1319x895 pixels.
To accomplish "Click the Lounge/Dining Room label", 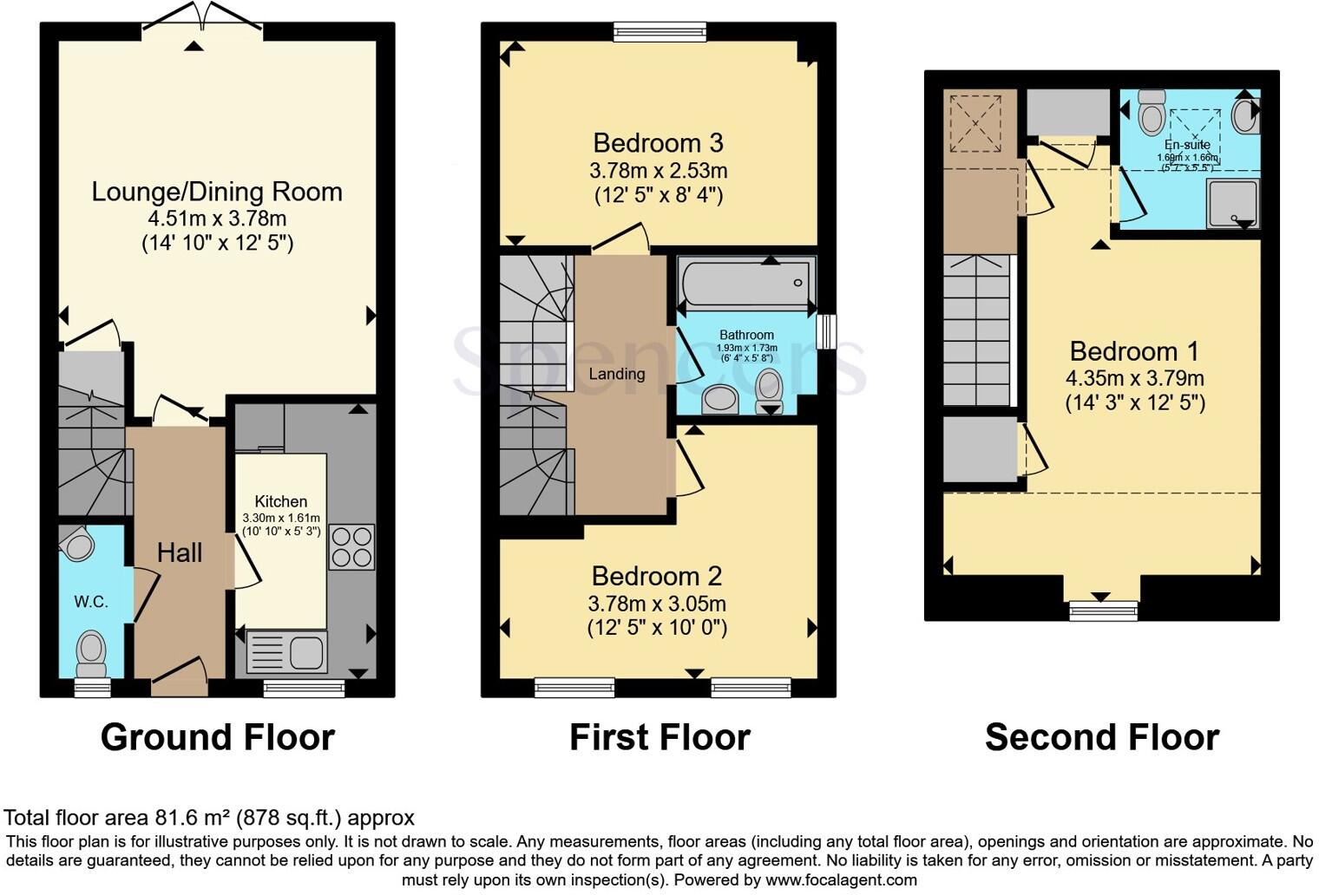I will point(217,192).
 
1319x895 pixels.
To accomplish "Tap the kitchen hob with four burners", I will point(351,547).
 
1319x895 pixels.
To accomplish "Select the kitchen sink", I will point(287,651).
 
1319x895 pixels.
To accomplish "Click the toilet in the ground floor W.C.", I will point(91,652).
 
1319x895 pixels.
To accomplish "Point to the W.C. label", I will point(91,602).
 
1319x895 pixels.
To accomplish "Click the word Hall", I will point(180,552).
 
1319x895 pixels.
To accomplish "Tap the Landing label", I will point(616,374).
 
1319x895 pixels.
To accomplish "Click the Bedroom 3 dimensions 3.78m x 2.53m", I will point(658,170).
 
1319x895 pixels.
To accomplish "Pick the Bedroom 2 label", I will point(657,576).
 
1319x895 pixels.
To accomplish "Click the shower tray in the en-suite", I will point(1232,204).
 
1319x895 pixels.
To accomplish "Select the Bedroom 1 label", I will point(1134,351).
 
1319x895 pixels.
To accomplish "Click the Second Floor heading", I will point(1101,737).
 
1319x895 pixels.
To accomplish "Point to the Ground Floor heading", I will point(218,737).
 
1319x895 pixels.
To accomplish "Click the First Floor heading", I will point(659,737).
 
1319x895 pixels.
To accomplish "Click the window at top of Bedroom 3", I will point(659,33).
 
